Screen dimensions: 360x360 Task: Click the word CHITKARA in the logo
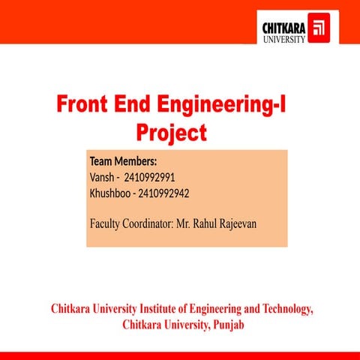pos(283,28)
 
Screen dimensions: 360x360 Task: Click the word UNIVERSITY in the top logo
pos(283,39)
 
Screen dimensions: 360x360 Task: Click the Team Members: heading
pos(123,161)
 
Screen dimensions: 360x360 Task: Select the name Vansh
pos(101,177)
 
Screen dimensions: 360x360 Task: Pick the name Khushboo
pos(109,193)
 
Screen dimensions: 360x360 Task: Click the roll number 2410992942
pos(163,193)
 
